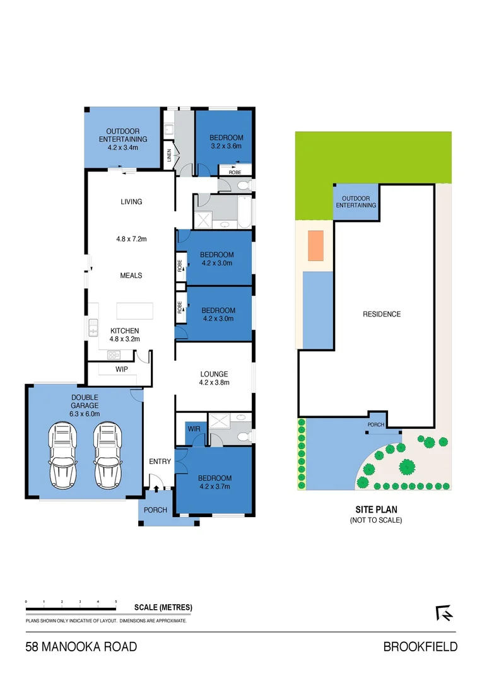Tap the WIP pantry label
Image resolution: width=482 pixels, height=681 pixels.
[x=122, y=370]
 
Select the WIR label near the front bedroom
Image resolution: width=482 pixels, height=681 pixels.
[x=193, y=429]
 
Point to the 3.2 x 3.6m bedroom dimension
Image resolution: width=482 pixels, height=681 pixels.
[x=226, y=146]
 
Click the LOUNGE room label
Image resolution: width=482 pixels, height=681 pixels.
[x=213, y=374]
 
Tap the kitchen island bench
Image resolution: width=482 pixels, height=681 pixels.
[x=136, y=311]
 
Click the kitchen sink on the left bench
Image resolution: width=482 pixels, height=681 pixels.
[x=93, y=327]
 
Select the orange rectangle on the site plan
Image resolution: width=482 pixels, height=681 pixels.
[x=315, y=245]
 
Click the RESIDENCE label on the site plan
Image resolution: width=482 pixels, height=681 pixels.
[x=382, y=314]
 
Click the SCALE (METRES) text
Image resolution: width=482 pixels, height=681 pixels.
[x=163, y=608]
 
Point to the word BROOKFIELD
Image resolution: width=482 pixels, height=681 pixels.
[x=420, y=647]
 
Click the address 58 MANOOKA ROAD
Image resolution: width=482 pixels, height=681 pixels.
[x=81, y=647]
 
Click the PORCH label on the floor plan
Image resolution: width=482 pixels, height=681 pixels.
[x=155, y=510]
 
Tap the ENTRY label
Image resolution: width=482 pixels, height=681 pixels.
[x=160, y=462]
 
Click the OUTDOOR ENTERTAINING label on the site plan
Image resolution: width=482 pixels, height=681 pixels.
[x=356, y=202]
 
